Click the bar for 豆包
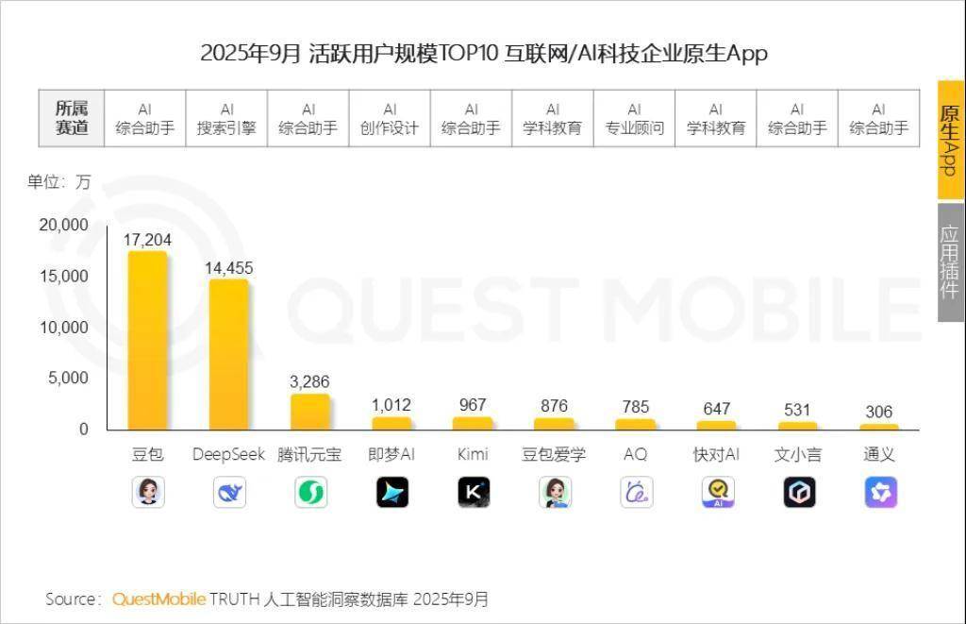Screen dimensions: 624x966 pos(147,340)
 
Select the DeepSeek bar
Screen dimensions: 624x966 pos(228,354)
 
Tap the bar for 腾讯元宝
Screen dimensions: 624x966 pos(310,412)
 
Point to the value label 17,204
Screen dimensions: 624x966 pos(147,240)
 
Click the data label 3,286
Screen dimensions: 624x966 pos(309,382)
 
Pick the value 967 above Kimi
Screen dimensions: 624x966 pos(473,405)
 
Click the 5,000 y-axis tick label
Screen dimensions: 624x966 pos(68,379)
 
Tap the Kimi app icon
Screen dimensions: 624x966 pos(474,492)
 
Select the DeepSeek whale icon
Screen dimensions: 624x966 pos(229,492)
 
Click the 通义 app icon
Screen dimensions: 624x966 pos(880,492)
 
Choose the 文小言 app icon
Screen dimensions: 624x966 pos(799,492)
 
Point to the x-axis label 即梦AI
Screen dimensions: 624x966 pos(391,454)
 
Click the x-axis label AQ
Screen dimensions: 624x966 pos(636,454)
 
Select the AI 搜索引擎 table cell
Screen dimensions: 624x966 pos(226,119)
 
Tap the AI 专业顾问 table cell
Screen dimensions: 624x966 pos(634,119)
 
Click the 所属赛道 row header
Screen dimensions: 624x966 pos(72,119)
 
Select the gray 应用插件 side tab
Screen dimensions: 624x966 pos(950,261)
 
